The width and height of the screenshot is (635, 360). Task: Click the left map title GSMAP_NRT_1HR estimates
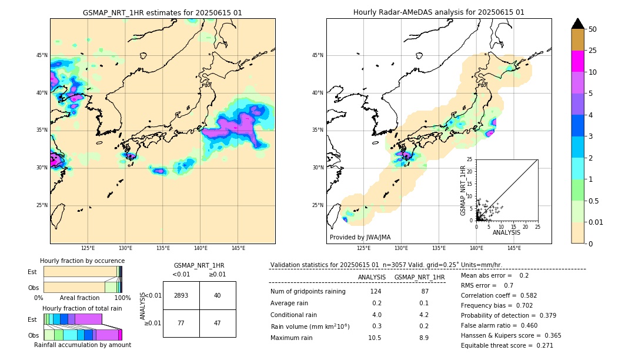tap(162, 12)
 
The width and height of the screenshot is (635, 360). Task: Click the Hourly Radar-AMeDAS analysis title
tap(439, 12)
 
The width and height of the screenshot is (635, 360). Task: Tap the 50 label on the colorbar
tap(593, 29)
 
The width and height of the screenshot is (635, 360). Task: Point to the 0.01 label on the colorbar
tap(596, 222)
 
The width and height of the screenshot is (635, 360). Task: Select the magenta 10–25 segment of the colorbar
tap(577, 61)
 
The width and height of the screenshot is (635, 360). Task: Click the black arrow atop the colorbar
tap(577, 24)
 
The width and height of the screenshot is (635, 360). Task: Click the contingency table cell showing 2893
tap(181, 295)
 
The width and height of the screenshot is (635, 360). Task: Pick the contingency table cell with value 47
tap(217, 323)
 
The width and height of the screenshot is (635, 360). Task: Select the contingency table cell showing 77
tap(181, 323)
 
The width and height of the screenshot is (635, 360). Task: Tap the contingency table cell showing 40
tap(217, 295)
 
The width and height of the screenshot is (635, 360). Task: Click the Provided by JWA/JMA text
tap(360, 237)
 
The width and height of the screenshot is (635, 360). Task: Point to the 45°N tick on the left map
tap(42, 55)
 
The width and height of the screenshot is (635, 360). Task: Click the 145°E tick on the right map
tap(514, 248)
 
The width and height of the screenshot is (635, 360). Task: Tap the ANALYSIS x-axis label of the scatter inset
tap(506, 232)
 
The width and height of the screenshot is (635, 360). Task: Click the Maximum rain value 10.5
tap(375, 338)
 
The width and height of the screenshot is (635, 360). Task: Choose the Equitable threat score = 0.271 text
tap(507, 345)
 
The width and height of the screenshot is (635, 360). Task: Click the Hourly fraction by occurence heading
tap(82, 261)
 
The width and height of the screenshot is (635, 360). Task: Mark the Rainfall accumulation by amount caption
tap(82, 345)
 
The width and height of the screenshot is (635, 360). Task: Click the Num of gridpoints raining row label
tap(308, 291)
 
